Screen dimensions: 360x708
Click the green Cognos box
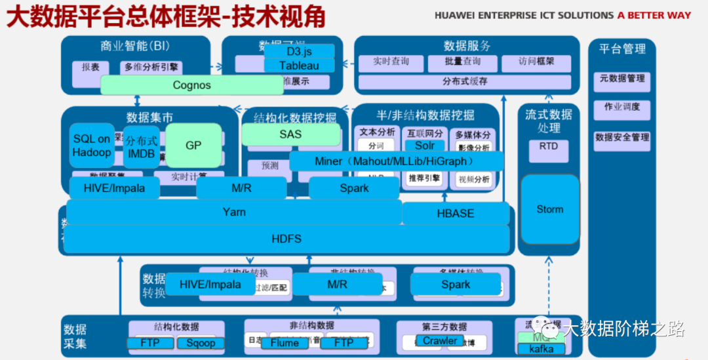[x=191, y=85]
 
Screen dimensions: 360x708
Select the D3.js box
[x=299, y=51]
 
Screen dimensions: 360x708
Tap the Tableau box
[x=299, y=66]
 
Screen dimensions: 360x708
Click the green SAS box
[x=291, y=134]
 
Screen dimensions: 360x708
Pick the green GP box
[x=193, y=145]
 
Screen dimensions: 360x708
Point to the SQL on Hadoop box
[x=92, y=146]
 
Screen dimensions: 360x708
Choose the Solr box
[x=424, y=146]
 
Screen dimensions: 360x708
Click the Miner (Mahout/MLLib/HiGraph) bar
[x=396, y=161]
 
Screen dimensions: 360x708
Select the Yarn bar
[x=234, y=212]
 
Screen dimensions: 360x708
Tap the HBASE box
[x=456, y=214]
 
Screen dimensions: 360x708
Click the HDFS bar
[x=286, y=239]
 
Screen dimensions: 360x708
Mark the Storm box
[x=549, y=209]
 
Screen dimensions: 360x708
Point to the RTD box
[x=549, y=147]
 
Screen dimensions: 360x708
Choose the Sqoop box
[x=200, y=343]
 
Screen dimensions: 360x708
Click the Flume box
[x=285, y=343]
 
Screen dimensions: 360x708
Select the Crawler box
[x=439, y=341]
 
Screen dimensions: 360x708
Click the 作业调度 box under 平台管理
[x=621, y=108]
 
